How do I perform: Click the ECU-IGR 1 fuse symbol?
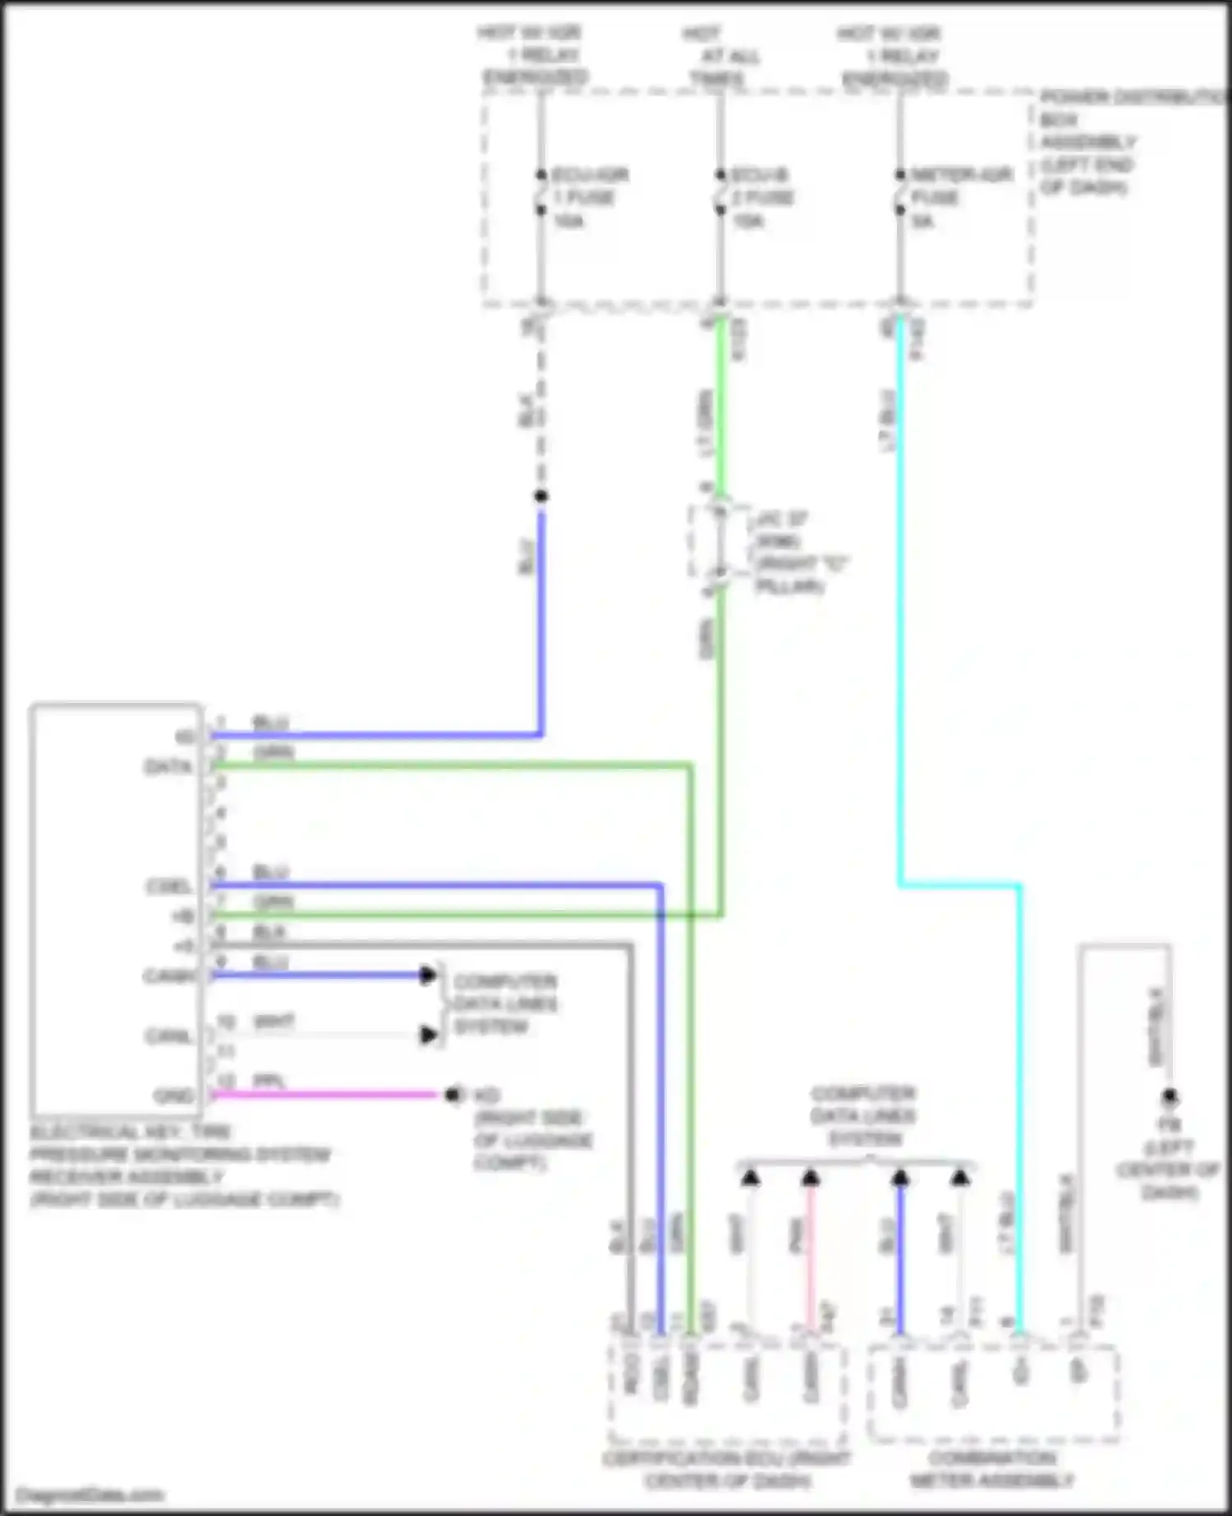point(541,193)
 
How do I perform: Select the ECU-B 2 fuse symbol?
point(720,193)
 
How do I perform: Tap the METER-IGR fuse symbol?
point(900,193)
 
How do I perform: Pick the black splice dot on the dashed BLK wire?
point(540,496)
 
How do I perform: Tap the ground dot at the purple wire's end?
point(451,1095)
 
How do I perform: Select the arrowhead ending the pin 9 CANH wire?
point(428,976)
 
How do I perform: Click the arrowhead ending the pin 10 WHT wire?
point(428,1035)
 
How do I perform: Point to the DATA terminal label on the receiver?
point(168,768)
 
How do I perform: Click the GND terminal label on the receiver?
point(173,1096)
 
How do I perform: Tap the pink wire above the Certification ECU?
point(811,1256)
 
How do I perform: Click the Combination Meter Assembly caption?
point(992,1469)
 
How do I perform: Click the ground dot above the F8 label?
point(1170,1096)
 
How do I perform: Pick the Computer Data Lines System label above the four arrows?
point(862,1116)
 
